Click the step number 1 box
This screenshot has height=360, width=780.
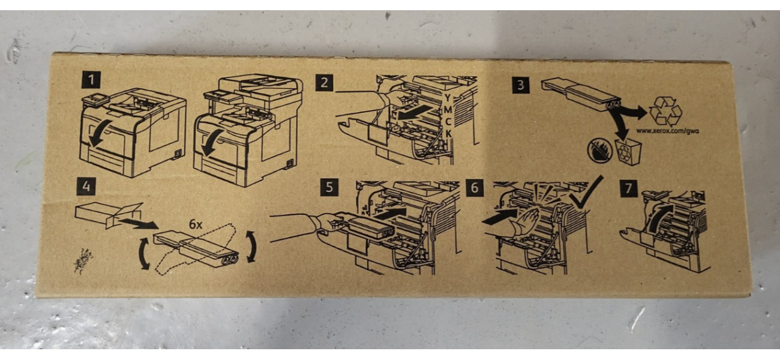pos(91,80)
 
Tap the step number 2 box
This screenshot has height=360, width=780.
pos(324,83)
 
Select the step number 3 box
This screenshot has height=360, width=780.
pos(521,85)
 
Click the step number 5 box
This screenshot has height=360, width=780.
pos(329,188)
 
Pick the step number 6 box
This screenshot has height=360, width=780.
pos(475,188)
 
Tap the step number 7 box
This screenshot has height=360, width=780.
pos(629,188)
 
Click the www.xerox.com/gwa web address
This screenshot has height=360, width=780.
pos(668,131)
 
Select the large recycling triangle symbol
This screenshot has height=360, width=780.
pos(666,111)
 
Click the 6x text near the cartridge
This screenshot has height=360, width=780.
pos(196,224)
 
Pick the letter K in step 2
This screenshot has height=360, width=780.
pos(449,134)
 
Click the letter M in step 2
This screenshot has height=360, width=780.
pos(448,110)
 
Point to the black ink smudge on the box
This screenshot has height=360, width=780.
pos(83,260)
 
